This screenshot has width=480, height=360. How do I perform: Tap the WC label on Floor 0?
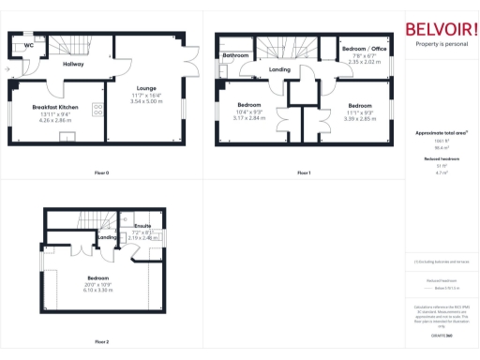coord(29,44)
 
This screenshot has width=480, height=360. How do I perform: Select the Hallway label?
coord(73,64)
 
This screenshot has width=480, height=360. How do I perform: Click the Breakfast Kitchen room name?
coord(55,108)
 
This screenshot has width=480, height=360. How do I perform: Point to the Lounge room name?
coord(145,89)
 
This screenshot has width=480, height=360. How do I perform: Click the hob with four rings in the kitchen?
coord(98,110)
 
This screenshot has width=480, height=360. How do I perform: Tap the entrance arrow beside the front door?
coord(7,68)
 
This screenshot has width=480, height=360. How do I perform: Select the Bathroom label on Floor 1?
coord(235,56)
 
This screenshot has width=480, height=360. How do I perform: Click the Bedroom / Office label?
coord(364,48)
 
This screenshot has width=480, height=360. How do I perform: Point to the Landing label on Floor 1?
coord(279,69)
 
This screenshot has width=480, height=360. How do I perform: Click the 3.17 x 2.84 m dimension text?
coord(248,118)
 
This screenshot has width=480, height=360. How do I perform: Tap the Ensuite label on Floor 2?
coord(142,226)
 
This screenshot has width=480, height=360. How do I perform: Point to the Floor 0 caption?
coord(101,172)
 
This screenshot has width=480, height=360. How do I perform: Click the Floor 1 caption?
coord(303,172)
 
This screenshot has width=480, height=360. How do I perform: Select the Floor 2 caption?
coord(101,341)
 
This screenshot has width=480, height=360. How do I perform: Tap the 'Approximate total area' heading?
coord(442,133)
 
